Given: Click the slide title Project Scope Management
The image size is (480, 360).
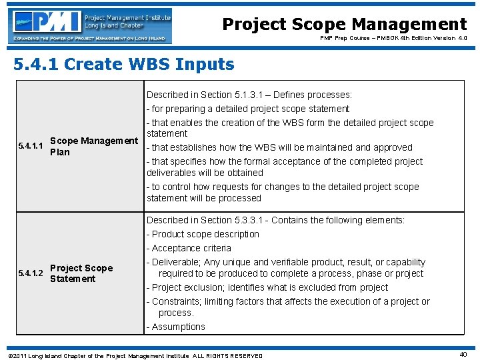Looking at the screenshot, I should tap(344, 25).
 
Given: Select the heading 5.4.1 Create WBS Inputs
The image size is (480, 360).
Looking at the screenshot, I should tap(124, 65).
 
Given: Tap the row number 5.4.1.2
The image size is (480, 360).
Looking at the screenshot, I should tap(31, 273).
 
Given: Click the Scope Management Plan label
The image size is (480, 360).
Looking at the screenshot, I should tap(93, 146).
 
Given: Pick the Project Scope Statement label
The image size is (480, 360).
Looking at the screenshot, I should tap(81, 273).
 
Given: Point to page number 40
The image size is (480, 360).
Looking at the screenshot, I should tap(463, 355).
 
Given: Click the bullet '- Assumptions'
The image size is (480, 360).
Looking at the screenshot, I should tap(176, 327).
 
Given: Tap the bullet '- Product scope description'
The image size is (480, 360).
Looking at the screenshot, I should tap(203, 234).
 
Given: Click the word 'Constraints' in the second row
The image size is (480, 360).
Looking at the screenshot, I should tap(176, 301).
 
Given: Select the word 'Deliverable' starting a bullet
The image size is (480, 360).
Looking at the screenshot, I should tap(177, 262).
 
